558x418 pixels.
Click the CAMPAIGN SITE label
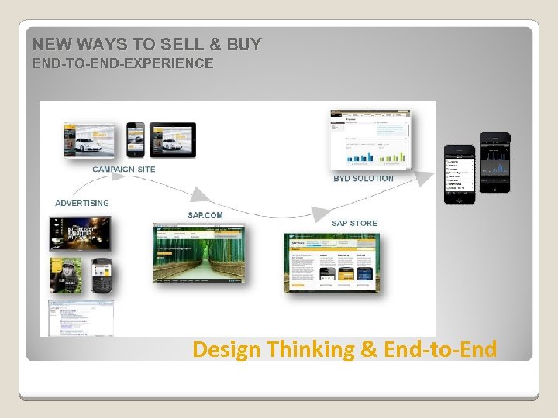point(123,169)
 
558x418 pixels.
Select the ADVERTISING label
point(82,203)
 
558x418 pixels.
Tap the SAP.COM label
point(205,215)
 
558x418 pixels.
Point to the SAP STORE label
point(354,223)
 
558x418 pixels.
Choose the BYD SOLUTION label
point(363,178)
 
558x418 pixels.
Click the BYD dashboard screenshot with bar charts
point(370,139)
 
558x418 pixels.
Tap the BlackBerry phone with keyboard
point(102,276)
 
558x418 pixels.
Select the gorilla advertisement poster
point(67,276)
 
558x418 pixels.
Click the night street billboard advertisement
point(80,233)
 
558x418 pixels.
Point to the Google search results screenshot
point(81,317)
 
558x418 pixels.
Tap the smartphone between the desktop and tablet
point(136,139)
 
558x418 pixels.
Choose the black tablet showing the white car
point(172,139)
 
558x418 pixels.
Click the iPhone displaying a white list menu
point(459,174)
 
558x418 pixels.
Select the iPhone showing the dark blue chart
point(495,163)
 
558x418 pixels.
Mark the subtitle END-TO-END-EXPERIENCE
point(122,63)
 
